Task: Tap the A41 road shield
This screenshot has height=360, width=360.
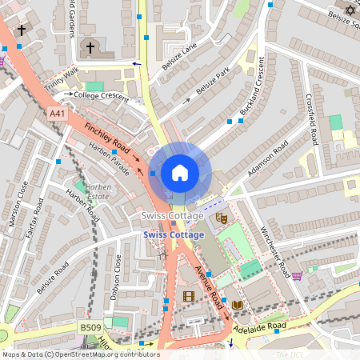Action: pyautogui.click(x=57, y=114)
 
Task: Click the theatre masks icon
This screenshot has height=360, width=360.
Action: pyautogui.click(x=222, y=217)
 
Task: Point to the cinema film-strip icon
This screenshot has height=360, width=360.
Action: pyautogui.click(x=188, y=297)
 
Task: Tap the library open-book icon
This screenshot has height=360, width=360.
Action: pyautogui.click(x=237, y=304)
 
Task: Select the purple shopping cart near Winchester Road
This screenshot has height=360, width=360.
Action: pyautogui.click(x=298, y=276)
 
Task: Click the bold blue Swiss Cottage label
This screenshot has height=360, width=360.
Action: pyautogui.click(x=174, y=234)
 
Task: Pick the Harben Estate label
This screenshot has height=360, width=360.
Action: pyautogui.click(x=98, y=190)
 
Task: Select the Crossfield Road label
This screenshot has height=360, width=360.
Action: pyautogui.click(x=312, y=121)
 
